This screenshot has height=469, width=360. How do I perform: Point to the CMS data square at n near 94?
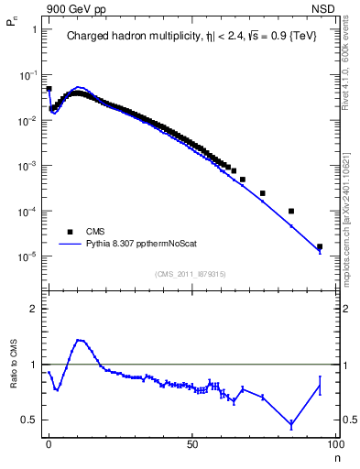(320, 246)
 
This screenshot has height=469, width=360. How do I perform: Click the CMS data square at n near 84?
(291, 211)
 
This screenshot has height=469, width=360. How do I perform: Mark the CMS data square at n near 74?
(263, 193)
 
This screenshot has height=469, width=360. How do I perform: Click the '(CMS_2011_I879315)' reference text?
(191, 273)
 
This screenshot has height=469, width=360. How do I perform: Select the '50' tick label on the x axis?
(192, 443)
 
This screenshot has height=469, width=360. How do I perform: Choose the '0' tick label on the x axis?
(49, 443)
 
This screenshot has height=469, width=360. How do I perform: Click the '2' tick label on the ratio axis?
(34, 309)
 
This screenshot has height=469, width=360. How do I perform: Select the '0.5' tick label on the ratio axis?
(29, 420)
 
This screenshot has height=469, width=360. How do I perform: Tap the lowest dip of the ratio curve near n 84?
(291, 425)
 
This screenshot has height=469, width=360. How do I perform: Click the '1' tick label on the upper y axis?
(34, 29)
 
